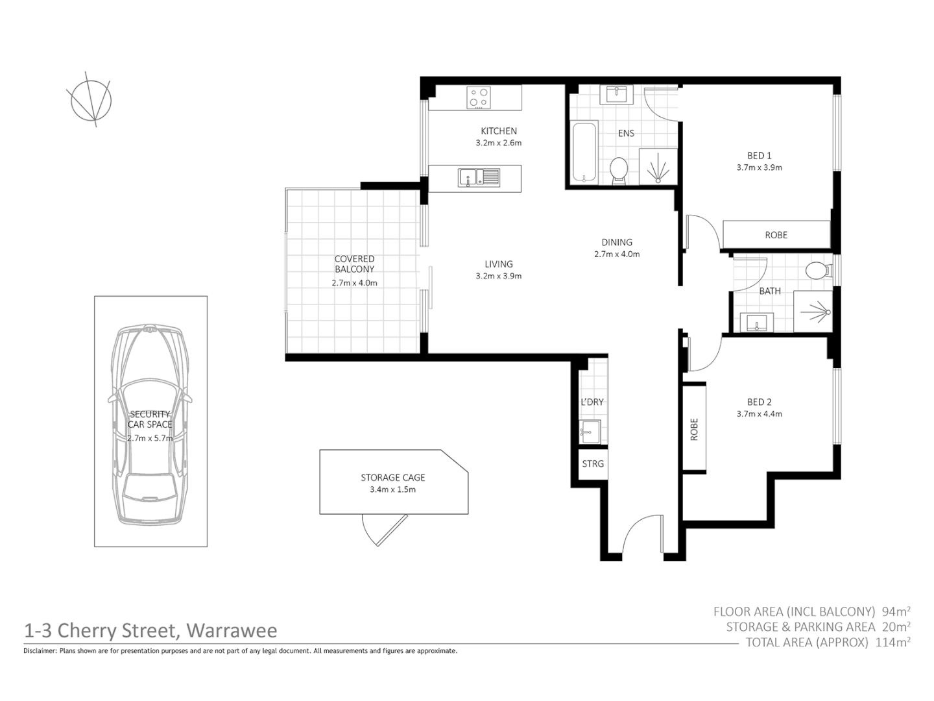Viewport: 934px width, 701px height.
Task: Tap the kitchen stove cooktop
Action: click(479, 99)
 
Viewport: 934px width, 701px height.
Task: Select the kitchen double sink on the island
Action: click(479, 177)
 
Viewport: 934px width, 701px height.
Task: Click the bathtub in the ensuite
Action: click(584, 152)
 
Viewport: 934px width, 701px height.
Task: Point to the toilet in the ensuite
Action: click(619, 171)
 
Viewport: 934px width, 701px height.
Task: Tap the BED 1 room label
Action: click(759, 155)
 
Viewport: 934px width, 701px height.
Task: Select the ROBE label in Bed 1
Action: click(776, 235)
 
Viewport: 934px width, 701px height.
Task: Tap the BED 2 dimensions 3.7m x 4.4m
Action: click(759, 413)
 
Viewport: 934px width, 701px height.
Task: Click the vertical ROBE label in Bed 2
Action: click(694, 429)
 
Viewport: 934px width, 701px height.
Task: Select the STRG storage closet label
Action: click(592, 463)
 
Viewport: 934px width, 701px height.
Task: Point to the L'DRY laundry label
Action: click(592, 402)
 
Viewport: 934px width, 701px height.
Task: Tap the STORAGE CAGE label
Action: click(392, 477)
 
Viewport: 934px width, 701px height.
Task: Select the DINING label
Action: click(616, 242)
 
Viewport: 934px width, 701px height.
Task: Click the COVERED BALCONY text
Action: click(354, 264)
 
